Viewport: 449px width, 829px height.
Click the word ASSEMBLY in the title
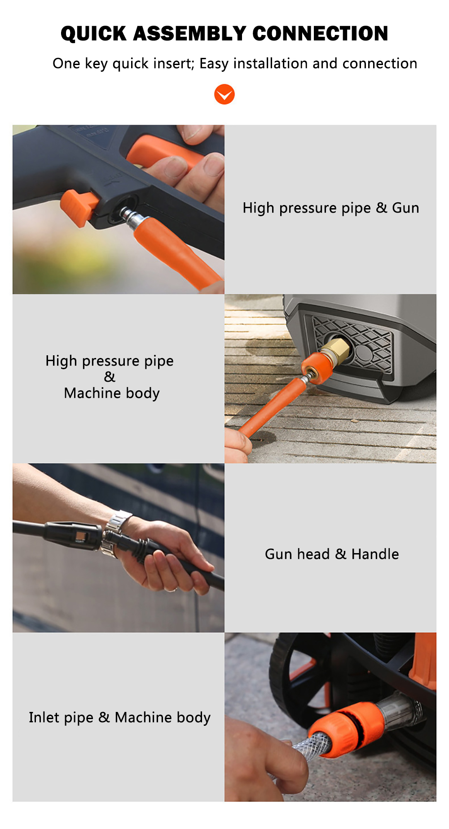189,34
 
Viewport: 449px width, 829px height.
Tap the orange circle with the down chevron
224,94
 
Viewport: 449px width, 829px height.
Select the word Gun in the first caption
405,208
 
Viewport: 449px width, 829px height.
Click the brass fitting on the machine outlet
336,351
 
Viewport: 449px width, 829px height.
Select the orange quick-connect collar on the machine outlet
315,367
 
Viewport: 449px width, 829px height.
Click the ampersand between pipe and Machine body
110,377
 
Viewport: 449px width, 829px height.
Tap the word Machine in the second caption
92,393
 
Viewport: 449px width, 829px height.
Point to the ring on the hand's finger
172,589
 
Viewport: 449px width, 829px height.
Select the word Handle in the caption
375,554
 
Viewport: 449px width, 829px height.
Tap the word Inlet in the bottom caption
44,717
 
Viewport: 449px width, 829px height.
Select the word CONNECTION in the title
320,34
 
